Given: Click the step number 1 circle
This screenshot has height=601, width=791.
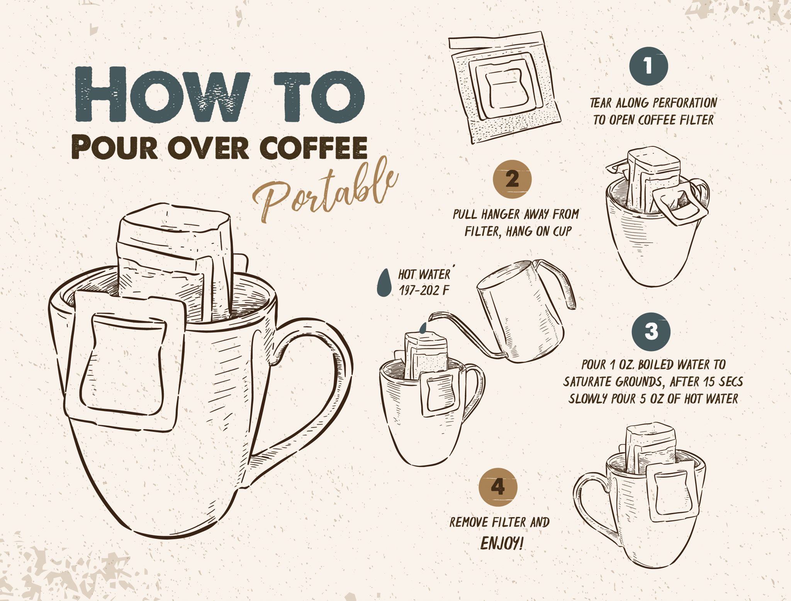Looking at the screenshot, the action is [648, 66].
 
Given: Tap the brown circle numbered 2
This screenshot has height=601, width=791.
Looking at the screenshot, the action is [513, 179].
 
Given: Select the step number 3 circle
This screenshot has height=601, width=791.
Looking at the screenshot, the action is [651, 332].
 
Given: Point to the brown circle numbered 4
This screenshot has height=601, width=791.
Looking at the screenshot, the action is [498, 487].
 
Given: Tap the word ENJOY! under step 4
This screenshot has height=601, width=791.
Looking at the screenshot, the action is [502, 544].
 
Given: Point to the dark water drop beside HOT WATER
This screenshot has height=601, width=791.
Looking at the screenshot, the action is [384, 283].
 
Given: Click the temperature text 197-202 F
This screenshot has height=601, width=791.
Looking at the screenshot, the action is [424, 290].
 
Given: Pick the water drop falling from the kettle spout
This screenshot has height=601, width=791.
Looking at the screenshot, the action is [423, 328].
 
